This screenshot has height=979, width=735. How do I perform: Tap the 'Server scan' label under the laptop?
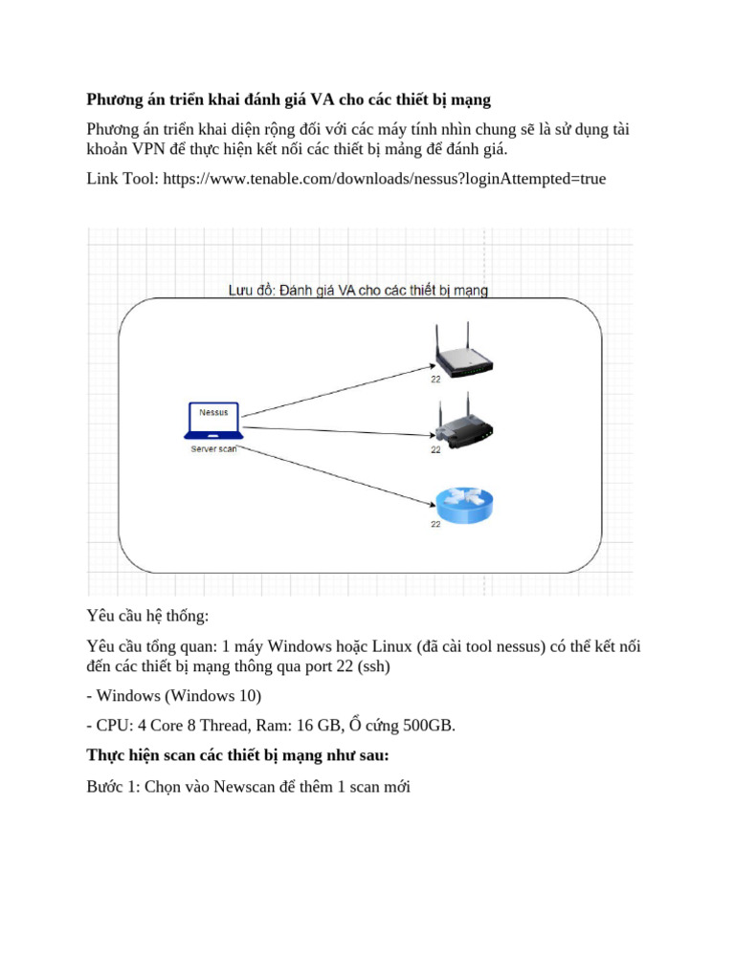pos(213,448)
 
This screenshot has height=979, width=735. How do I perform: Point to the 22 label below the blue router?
pos(435,524)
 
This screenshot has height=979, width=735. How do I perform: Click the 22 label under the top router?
pos(435,380)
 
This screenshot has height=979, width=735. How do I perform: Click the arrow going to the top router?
pos(335,389)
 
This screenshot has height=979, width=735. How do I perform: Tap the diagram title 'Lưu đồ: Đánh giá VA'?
pos(358,291)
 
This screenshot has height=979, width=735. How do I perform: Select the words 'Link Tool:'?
pos(122,179)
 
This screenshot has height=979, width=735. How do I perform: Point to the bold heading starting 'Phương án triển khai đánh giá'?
pos(288,100)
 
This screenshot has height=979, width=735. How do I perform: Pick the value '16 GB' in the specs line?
pos(317,727)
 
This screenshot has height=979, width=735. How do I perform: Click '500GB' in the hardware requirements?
pos(428,727)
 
